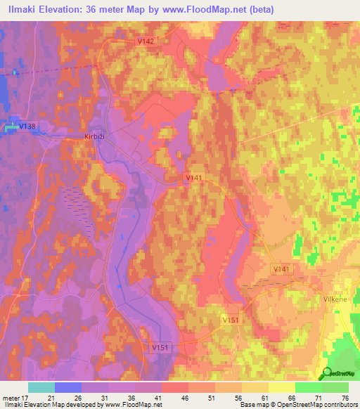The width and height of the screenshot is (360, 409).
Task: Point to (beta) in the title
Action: click(x=259, y=9)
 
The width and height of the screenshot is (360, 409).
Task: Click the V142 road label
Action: click(x=146, y=41)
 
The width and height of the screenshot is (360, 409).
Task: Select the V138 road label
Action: click(x=27, y=126)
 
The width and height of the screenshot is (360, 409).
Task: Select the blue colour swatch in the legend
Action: click(x=68, y=387)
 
